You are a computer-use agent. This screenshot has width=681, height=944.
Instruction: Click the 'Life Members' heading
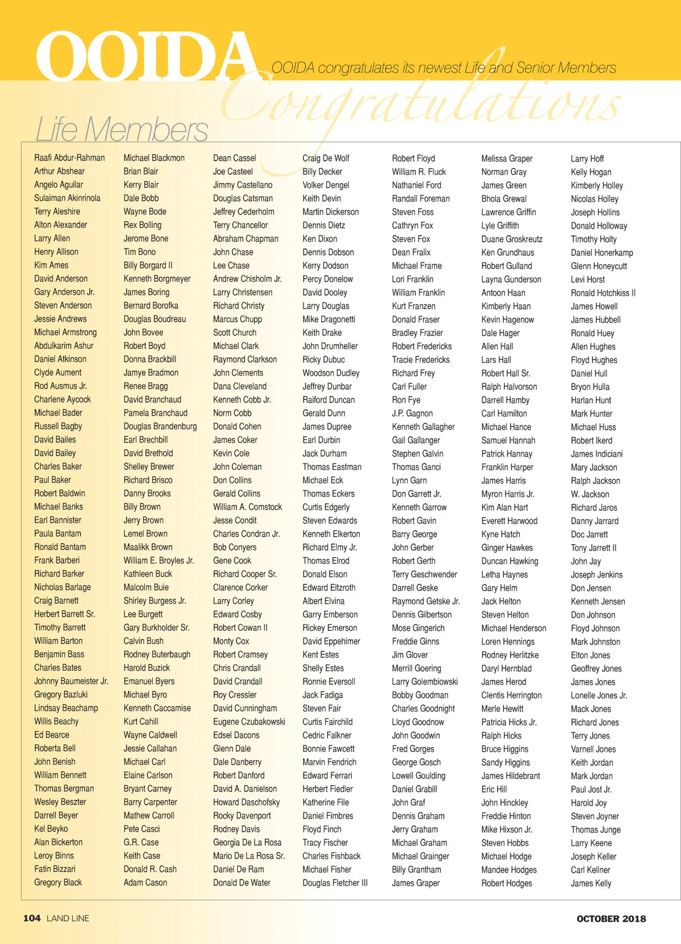tap(122, 129)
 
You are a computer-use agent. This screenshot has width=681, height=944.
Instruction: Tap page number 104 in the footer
tap(32, 918)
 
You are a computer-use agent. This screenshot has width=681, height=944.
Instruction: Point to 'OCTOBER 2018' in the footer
tap(611, 918)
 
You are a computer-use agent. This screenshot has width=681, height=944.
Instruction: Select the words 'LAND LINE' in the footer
tap(68, 918)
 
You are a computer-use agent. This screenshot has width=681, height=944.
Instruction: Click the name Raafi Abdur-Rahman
tap(69, 158)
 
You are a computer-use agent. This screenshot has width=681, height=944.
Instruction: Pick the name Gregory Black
tap(58, 882)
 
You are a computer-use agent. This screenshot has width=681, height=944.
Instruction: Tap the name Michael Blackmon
tap(154, 158)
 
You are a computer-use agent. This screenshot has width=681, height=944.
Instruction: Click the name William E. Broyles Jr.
tap(159, 560)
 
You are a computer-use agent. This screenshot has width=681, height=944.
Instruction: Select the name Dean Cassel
tap(234, 158)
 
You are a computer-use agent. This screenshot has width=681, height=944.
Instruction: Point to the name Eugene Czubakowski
tap(249, 722)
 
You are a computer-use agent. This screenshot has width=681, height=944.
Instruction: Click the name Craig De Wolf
tap(326, 158)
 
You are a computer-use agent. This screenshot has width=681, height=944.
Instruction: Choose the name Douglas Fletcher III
tap(335, 883)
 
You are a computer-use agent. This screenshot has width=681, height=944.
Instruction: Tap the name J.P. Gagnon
tap(412, 413)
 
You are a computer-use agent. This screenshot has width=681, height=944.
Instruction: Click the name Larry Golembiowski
tap(424, 681)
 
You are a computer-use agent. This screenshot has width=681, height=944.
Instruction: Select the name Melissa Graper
tap(507, 158)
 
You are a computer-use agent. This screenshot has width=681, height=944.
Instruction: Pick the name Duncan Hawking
tap(510, 561)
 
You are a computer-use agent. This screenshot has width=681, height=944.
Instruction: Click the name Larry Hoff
tap(587, 158)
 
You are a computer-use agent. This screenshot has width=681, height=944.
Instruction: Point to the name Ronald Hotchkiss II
tap(603, 293)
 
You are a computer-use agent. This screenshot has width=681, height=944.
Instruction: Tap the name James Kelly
tap(591, 883)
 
